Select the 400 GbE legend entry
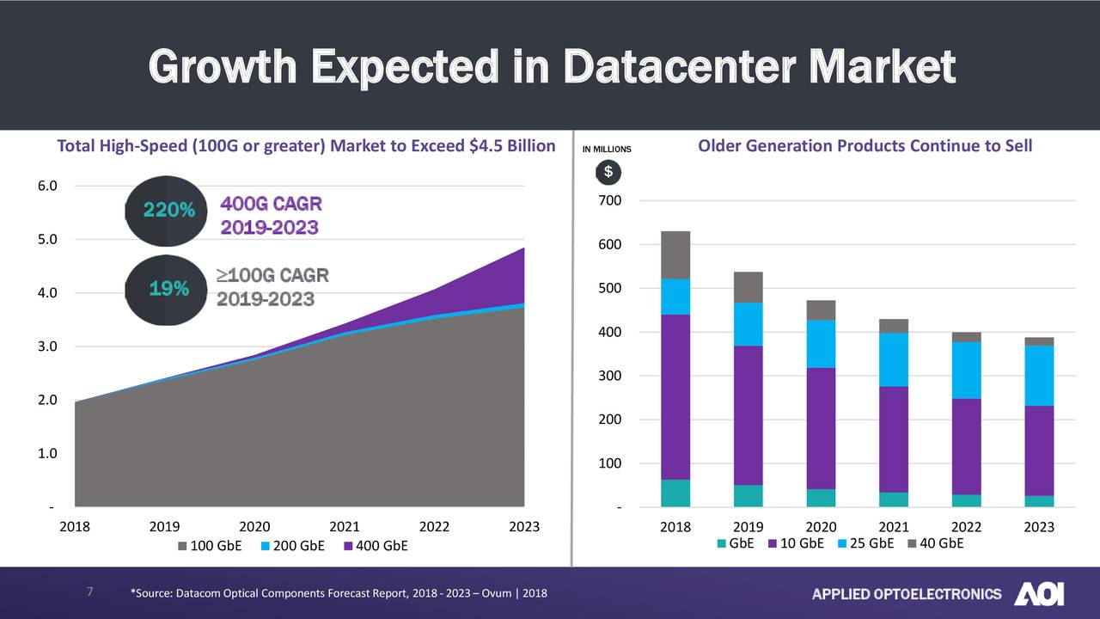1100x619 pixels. (376, 546)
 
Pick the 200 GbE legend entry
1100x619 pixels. (291, 546)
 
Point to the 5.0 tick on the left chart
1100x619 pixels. (47, 239)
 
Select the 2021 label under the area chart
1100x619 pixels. (345, 527)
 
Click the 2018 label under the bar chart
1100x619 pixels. (675, 527)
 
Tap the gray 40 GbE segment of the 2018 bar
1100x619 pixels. (675, 254)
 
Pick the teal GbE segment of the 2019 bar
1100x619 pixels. (748, 496)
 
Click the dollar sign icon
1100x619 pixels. (608, 172)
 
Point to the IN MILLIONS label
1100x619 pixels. (607, 150)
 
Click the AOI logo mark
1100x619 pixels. (1039, 593)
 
